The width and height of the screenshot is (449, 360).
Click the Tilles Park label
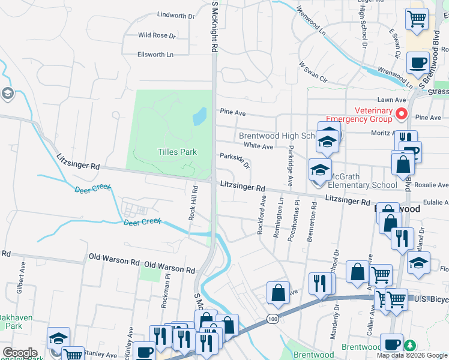(177, 152)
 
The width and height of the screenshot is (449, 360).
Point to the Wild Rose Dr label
(157, 35)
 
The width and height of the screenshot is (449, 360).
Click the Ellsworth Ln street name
(155, 55)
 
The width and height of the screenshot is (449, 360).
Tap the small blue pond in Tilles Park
(199, 116)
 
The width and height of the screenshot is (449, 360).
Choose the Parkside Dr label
(235, 160)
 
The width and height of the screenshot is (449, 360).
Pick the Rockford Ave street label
(262, 215)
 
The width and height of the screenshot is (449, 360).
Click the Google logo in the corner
(20, 352)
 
